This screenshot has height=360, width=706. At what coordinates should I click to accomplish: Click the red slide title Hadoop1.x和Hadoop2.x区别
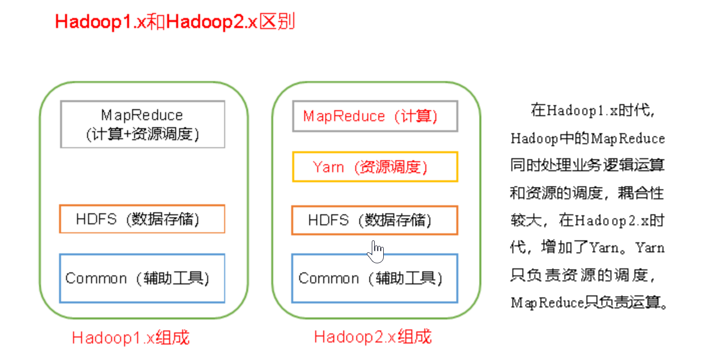click(175, 23)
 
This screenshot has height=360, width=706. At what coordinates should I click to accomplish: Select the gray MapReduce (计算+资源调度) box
click(143, 124)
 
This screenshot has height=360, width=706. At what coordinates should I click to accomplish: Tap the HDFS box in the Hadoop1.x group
click(142, 219)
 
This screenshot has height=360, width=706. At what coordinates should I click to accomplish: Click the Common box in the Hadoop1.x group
click(142, 278)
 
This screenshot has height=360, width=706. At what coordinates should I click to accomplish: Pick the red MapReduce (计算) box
click(375, 116)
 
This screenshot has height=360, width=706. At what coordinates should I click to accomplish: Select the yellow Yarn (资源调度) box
click(375, 167)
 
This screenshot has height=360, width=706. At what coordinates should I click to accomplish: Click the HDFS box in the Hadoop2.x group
click(375, 220)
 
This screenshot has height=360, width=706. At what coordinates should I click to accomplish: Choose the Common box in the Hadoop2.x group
click(375, 278)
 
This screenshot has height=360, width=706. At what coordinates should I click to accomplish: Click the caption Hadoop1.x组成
click(131, 337)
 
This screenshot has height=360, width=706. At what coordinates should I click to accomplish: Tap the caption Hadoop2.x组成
click(373, 337)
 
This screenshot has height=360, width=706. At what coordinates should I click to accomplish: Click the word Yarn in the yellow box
click(328, 167)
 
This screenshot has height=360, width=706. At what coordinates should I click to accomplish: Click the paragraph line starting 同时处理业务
click(587, 166)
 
